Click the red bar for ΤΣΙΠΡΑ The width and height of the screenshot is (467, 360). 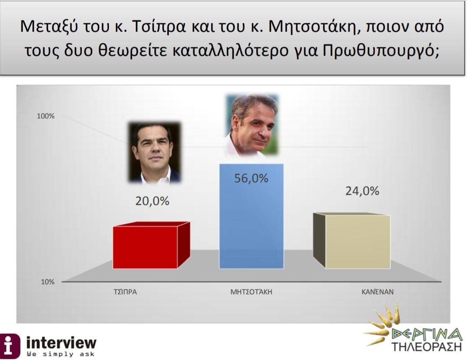click(x=151, y=245)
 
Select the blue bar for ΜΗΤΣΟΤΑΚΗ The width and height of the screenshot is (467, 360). click(x=251, y=216)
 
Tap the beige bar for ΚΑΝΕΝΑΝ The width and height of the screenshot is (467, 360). click(x=352, y=241)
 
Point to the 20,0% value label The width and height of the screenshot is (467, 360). click(x=152, y=201)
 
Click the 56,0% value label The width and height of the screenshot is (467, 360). click(x=251, y=178)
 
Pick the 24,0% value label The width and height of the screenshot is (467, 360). click(x=362, y=191)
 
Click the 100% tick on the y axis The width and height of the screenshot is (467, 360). click(x=45, y=116)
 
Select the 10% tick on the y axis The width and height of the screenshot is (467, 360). click(x=48, y=282)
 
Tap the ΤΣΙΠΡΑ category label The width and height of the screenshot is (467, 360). click(x=125, y=292)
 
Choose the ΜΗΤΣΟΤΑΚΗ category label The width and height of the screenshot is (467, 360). click(x=251, y=291)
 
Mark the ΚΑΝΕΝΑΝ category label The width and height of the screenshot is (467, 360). click(x=377, y=292)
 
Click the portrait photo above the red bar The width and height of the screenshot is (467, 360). click(x=155, y=152)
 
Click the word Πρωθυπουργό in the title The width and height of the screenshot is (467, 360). click(x=381, y=51)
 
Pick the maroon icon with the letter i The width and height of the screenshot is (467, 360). click(x=10, y=346)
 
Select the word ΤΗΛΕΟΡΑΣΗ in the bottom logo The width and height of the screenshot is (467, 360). click(x=426, y=346)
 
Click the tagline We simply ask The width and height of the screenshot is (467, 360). click(x=60, y=354)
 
